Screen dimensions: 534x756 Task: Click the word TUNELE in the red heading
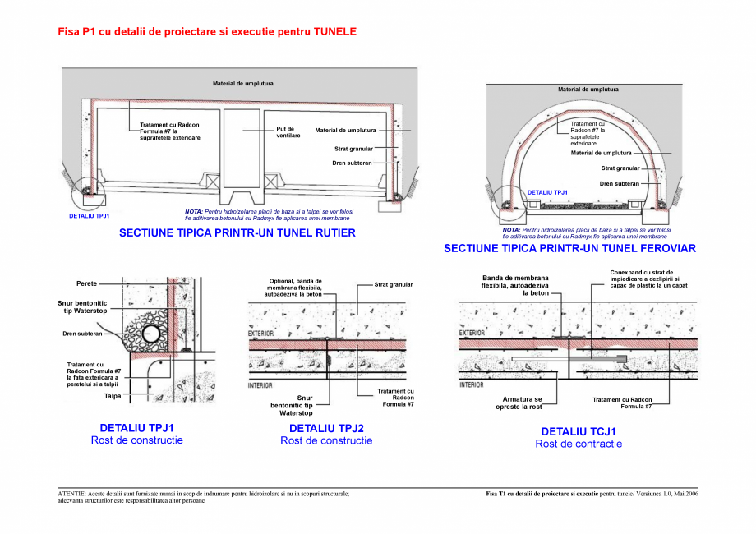tap(335, 31)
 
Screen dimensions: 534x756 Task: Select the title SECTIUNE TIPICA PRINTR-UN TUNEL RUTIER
tap(237, 233)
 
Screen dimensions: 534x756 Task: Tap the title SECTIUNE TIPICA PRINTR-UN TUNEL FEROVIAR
tap(569, 247)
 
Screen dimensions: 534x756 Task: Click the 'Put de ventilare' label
tap(288, 131)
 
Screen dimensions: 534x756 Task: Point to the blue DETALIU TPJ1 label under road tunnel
tap(90, 216)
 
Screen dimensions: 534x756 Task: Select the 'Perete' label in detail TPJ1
tap(87, 283)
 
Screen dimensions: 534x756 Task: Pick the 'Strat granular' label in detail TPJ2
tap(393, 285)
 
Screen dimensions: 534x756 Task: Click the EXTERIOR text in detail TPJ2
tap(261, 334)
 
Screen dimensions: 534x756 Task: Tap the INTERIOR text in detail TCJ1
tap(471, 384)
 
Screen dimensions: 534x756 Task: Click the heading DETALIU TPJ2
tap(326, 428)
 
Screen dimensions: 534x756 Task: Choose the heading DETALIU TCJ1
tap(579, 431)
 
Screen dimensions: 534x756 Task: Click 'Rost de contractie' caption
tap(579, 444)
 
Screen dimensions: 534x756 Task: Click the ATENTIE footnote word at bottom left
tap(73, 494)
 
